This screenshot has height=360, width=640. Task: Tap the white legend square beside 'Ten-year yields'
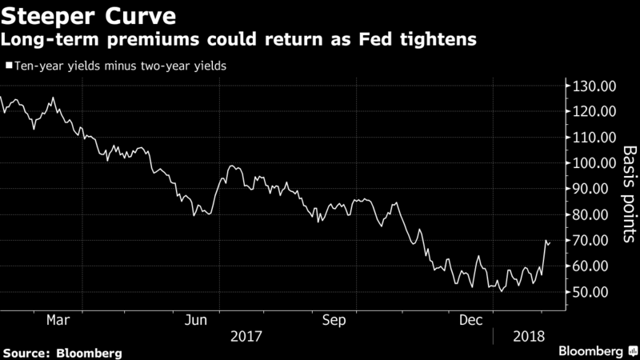tap(8, 66)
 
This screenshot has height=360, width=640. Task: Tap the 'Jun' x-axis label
tap(196, 320)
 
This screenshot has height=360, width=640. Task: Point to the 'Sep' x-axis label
tap(334, 320)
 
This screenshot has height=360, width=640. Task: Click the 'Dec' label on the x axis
tap(472, 320)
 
